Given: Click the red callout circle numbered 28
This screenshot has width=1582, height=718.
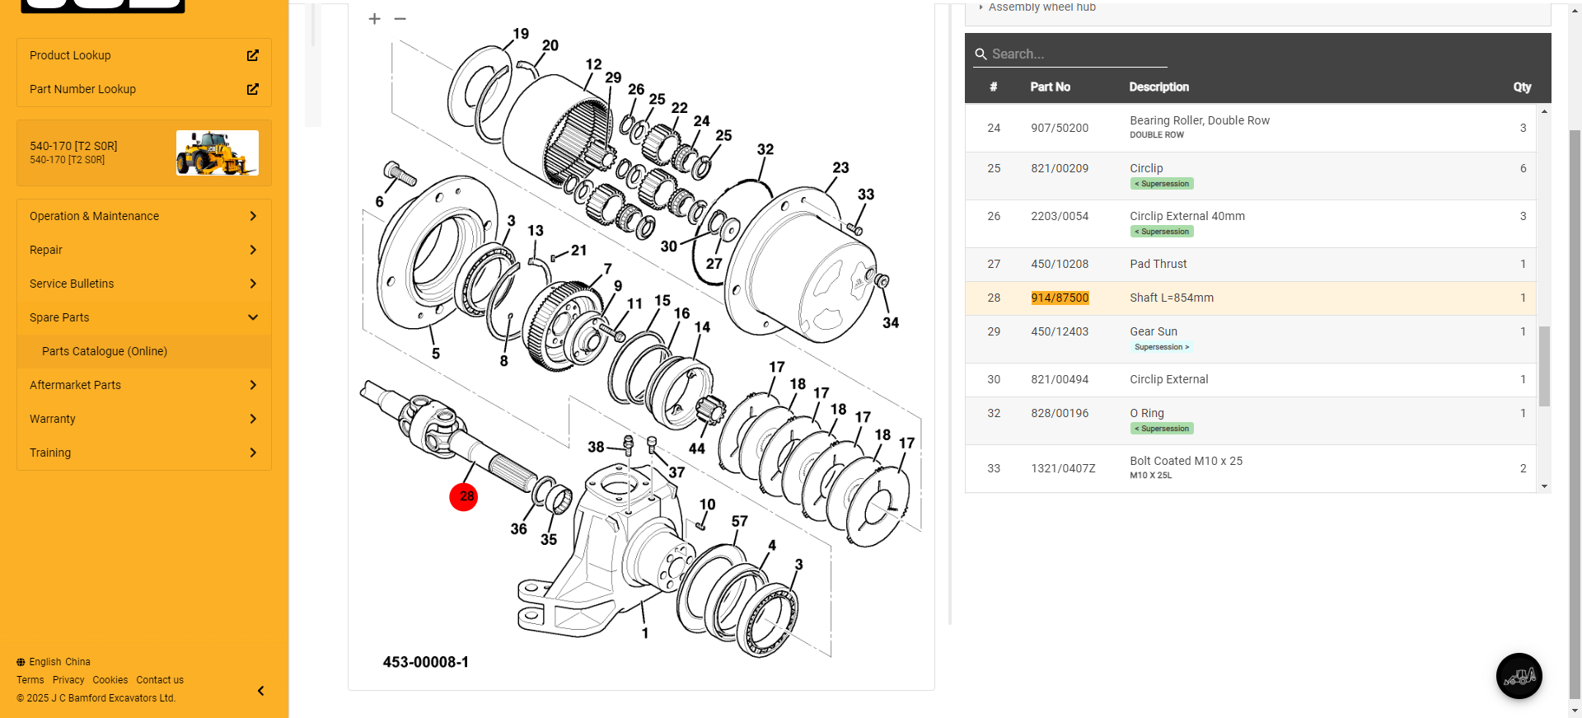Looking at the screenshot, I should (x=464, y=496).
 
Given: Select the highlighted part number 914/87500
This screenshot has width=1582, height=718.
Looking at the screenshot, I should (x=1060, y=298).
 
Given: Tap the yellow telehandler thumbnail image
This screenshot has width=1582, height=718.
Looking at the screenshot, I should (x=218, y=153).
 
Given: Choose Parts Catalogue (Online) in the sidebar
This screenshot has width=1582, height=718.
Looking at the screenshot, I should (x=105, y=351).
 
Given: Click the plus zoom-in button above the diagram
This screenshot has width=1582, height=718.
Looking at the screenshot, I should (x=374, y=19).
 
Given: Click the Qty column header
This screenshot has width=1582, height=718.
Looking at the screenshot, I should (x=1521, y=87).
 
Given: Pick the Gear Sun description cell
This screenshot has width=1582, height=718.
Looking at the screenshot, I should (x=1154, y=331).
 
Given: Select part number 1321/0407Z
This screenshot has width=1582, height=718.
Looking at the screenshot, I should (x=1063, y=468).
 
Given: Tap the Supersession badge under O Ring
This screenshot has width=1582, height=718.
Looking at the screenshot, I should (x=1162, y=429).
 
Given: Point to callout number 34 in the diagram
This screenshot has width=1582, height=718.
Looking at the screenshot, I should (x=891, y=322).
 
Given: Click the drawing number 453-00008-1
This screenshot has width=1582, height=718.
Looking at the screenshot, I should (x=425, y=662).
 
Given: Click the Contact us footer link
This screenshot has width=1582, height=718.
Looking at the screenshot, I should (x=160, y=680).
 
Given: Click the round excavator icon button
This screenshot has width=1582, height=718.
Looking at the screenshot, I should (x=1519, y=676).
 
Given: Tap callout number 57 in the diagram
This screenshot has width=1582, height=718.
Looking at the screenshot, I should (x=739, y=521).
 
